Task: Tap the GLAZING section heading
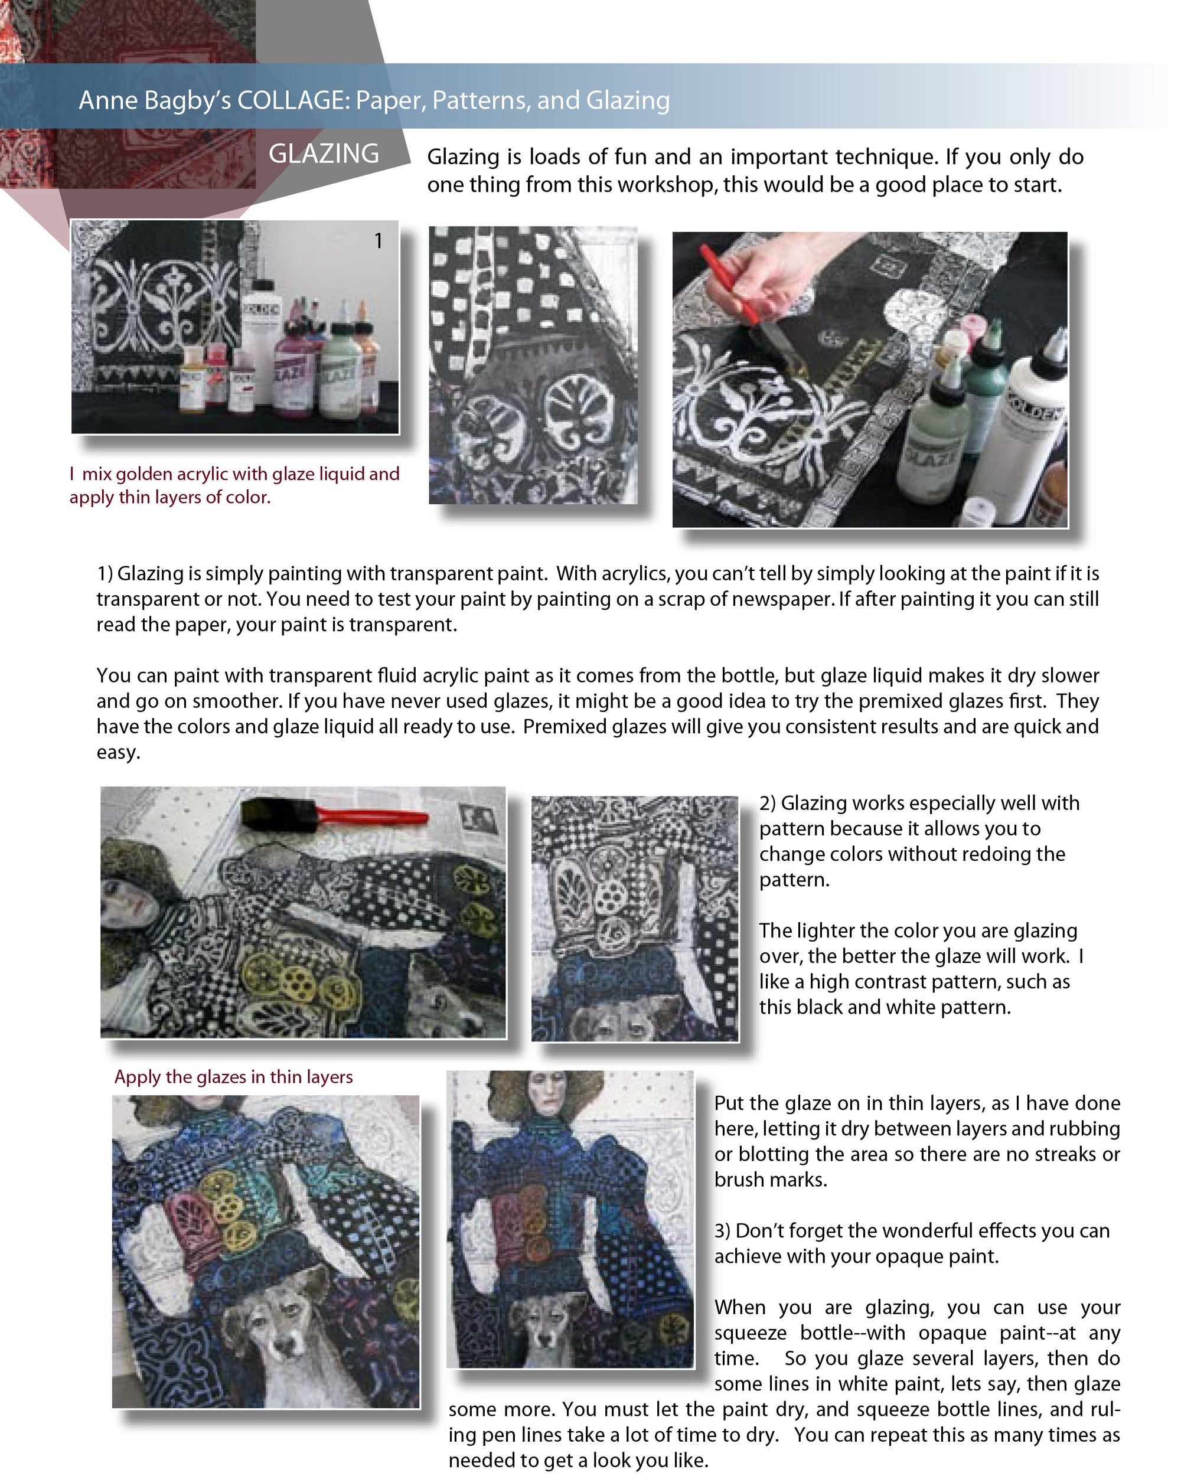point(323,154)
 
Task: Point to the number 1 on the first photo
point(378,240)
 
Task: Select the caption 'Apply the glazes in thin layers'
point(233,1077)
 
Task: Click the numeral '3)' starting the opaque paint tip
point(723,1231)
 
